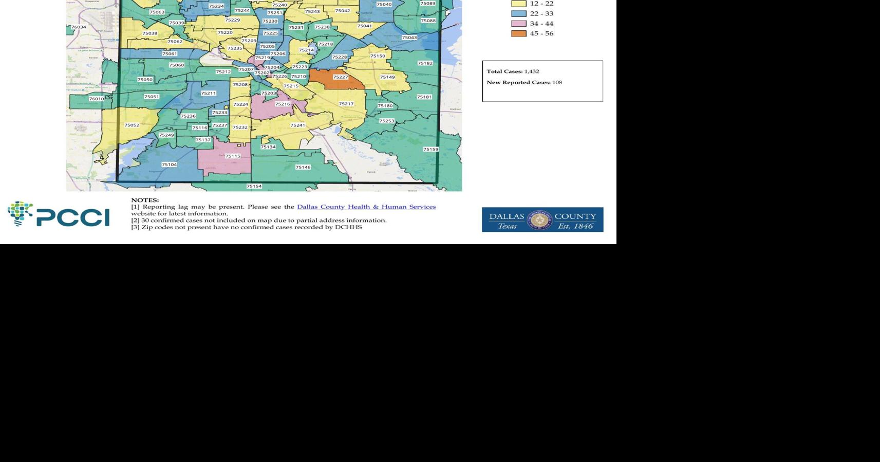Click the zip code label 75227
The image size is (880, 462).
tap(340, 77)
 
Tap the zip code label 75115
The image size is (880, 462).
tap(233, 156)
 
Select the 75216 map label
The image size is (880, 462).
tap(283, 104)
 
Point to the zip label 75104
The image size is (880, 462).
tap(169, 164)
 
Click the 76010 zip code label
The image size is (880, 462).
tap(97, 99)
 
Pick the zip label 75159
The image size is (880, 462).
tap(430, 149)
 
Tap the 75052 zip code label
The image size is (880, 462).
tap(132, 125)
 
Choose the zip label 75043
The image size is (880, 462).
tap(409, 38)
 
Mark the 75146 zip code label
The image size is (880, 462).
tap(303, 167)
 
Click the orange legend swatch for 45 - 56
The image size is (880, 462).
tap(518, 33)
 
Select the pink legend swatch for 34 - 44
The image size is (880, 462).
tap(518, 24)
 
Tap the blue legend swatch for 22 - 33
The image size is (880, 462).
tap(518, 14)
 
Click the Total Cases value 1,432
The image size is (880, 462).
tap(532, 71)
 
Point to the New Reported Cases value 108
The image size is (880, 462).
tap(557, 82)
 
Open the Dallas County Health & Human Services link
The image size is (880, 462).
tap(366, 207)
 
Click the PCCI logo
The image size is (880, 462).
tap(59, 214)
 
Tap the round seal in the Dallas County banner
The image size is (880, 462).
tap(539, 220)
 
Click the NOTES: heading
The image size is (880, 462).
tap(145, 200)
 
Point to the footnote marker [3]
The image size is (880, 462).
tap(135, 227)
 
